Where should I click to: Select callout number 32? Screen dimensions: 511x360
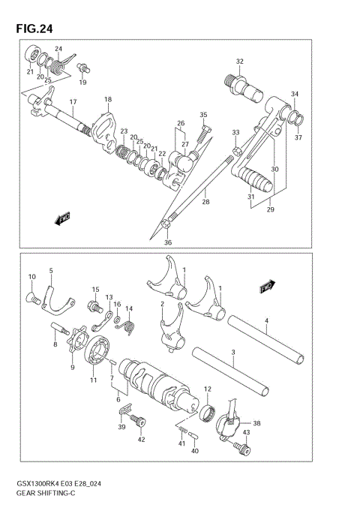(x=239, y=62)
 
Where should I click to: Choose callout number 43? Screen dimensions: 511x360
(x=245, y=433)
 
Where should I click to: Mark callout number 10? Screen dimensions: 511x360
(x=31, y=277)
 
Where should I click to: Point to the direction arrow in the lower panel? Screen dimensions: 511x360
(x=265, y=287)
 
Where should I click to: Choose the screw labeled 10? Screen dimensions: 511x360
(x=34, y=299)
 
